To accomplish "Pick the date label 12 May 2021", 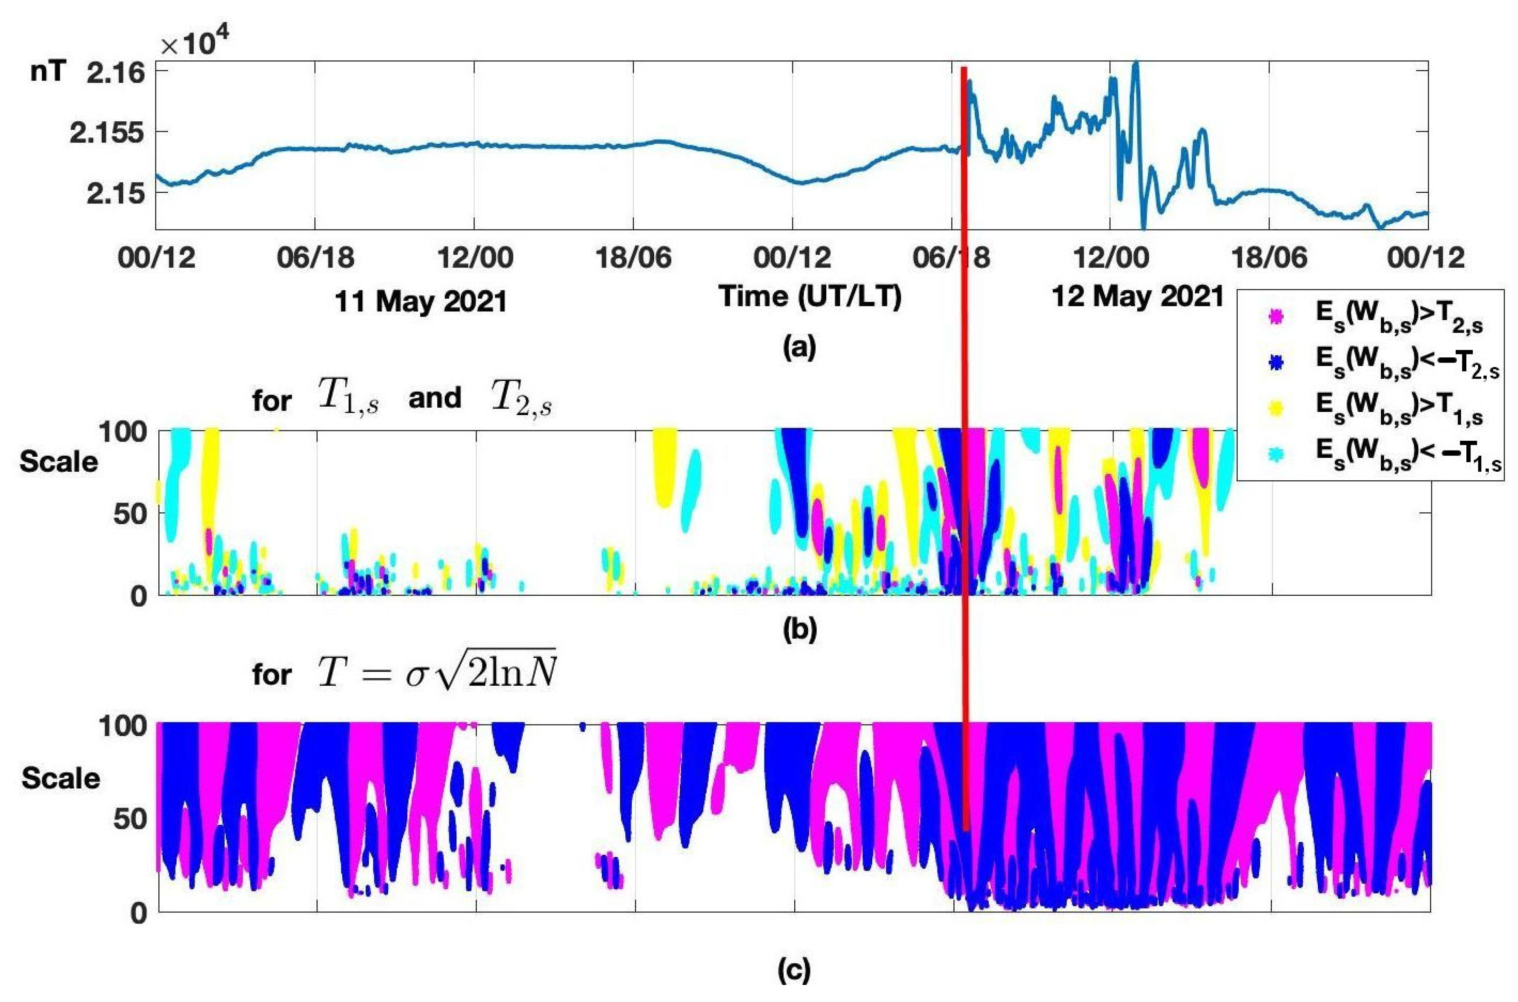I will (1137, 297).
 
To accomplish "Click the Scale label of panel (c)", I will (61, 778).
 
